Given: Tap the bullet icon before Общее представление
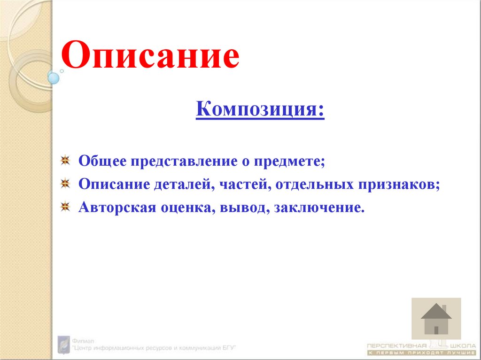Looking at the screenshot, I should point(66,161).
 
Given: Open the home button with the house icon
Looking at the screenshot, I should point(436,319).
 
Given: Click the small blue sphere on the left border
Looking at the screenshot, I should point(54,78).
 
